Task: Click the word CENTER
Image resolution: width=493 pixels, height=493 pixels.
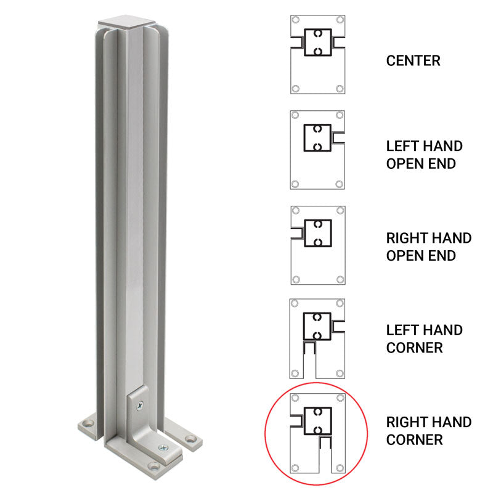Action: (x=413, y=61)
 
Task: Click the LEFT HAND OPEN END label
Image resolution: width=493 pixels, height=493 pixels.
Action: (x=424, y=155)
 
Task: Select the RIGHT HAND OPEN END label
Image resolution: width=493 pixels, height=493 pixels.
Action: (x=429, y=246)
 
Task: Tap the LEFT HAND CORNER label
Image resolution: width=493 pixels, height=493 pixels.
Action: (x=424, y=339)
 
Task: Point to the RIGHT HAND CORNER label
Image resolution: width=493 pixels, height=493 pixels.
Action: (x=429, y=431)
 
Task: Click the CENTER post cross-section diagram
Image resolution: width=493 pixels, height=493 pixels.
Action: (x=317, y=54)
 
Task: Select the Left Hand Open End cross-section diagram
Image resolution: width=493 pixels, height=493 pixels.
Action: (x=317, y=150)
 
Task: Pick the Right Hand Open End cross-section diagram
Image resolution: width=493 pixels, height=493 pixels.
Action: (x=317, y=245)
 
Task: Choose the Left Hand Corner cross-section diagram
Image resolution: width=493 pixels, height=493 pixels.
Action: (x=317, y=338)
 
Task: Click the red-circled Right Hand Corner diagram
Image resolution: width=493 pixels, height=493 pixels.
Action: (x=317, y=434)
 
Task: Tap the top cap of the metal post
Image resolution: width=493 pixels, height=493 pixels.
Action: (x=121, y=22)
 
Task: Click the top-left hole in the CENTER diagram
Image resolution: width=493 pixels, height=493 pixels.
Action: (x=296, y=20)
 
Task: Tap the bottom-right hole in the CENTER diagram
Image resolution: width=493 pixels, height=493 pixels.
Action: (x=339, y=89)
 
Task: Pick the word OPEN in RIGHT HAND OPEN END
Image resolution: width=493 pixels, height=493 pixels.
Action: (x=404, y=255)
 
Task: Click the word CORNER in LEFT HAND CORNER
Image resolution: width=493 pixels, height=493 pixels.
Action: (x=414, y=348)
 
